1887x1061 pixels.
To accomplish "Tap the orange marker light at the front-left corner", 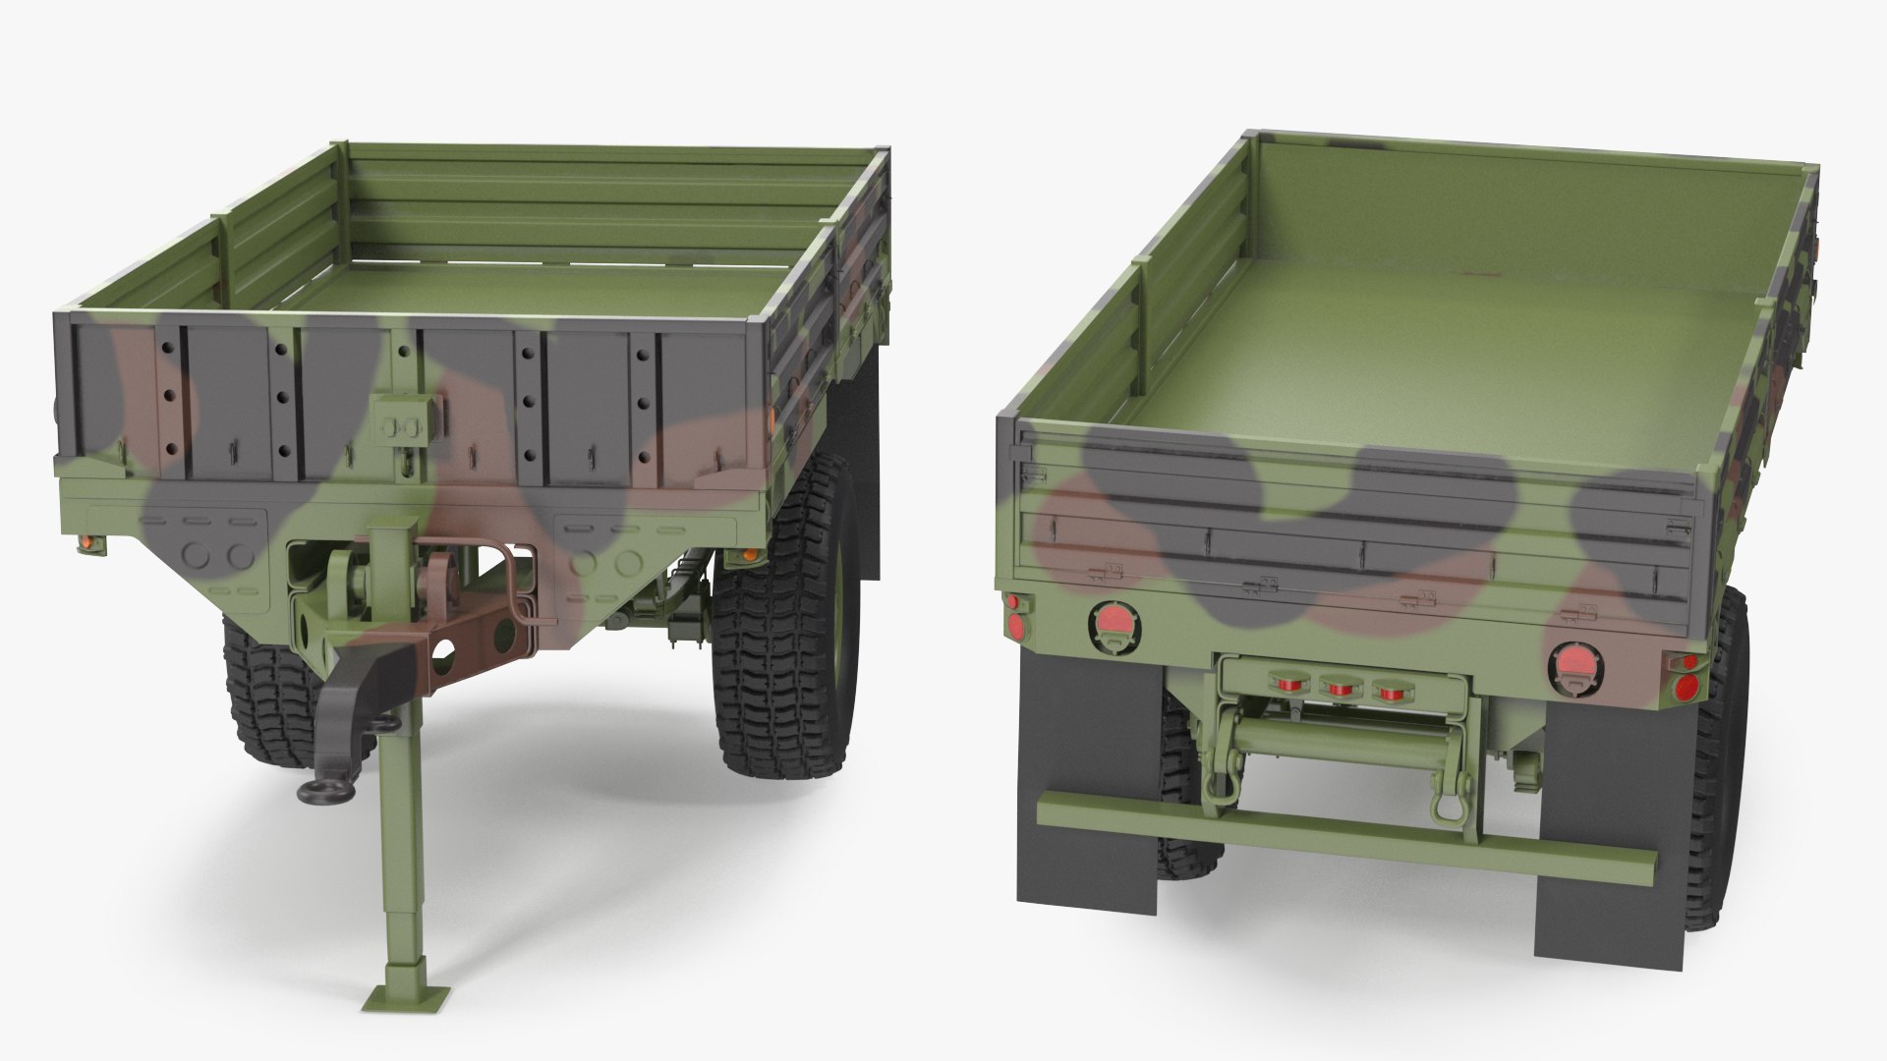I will pos(86,542).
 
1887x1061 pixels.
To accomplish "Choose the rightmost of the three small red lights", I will pos(1387,691).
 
